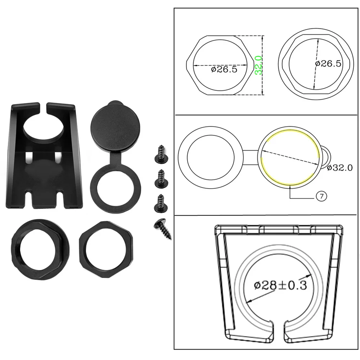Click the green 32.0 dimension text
258,65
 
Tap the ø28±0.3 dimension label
280,285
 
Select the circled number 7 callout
321,196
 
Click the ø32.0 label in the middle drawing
339,168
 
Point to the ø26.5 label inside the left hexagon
224,69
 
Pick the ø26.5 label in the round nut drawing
328,63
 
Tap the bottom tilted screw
163,229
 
